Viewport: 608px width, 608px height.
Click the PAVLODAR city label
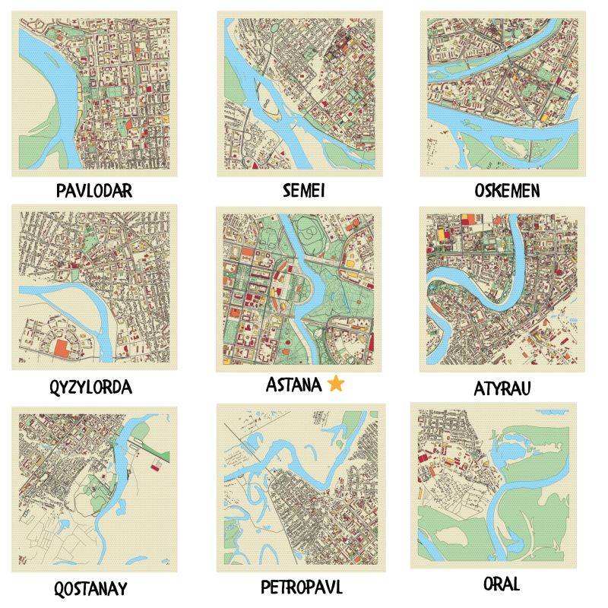(94, 190)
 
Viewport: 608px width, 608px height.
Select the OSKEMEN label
(502, 190)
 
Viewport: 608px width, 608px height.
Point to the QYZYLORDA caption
(94, 387)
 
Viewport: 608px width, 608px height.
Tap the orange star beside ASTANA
(336, 385)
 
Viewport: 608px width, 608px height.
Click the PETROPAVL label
(301, 587)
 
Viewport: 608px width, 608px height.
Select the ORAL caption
(502, 584)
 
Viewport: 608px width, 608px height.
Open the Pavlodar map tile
(94, 93)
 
